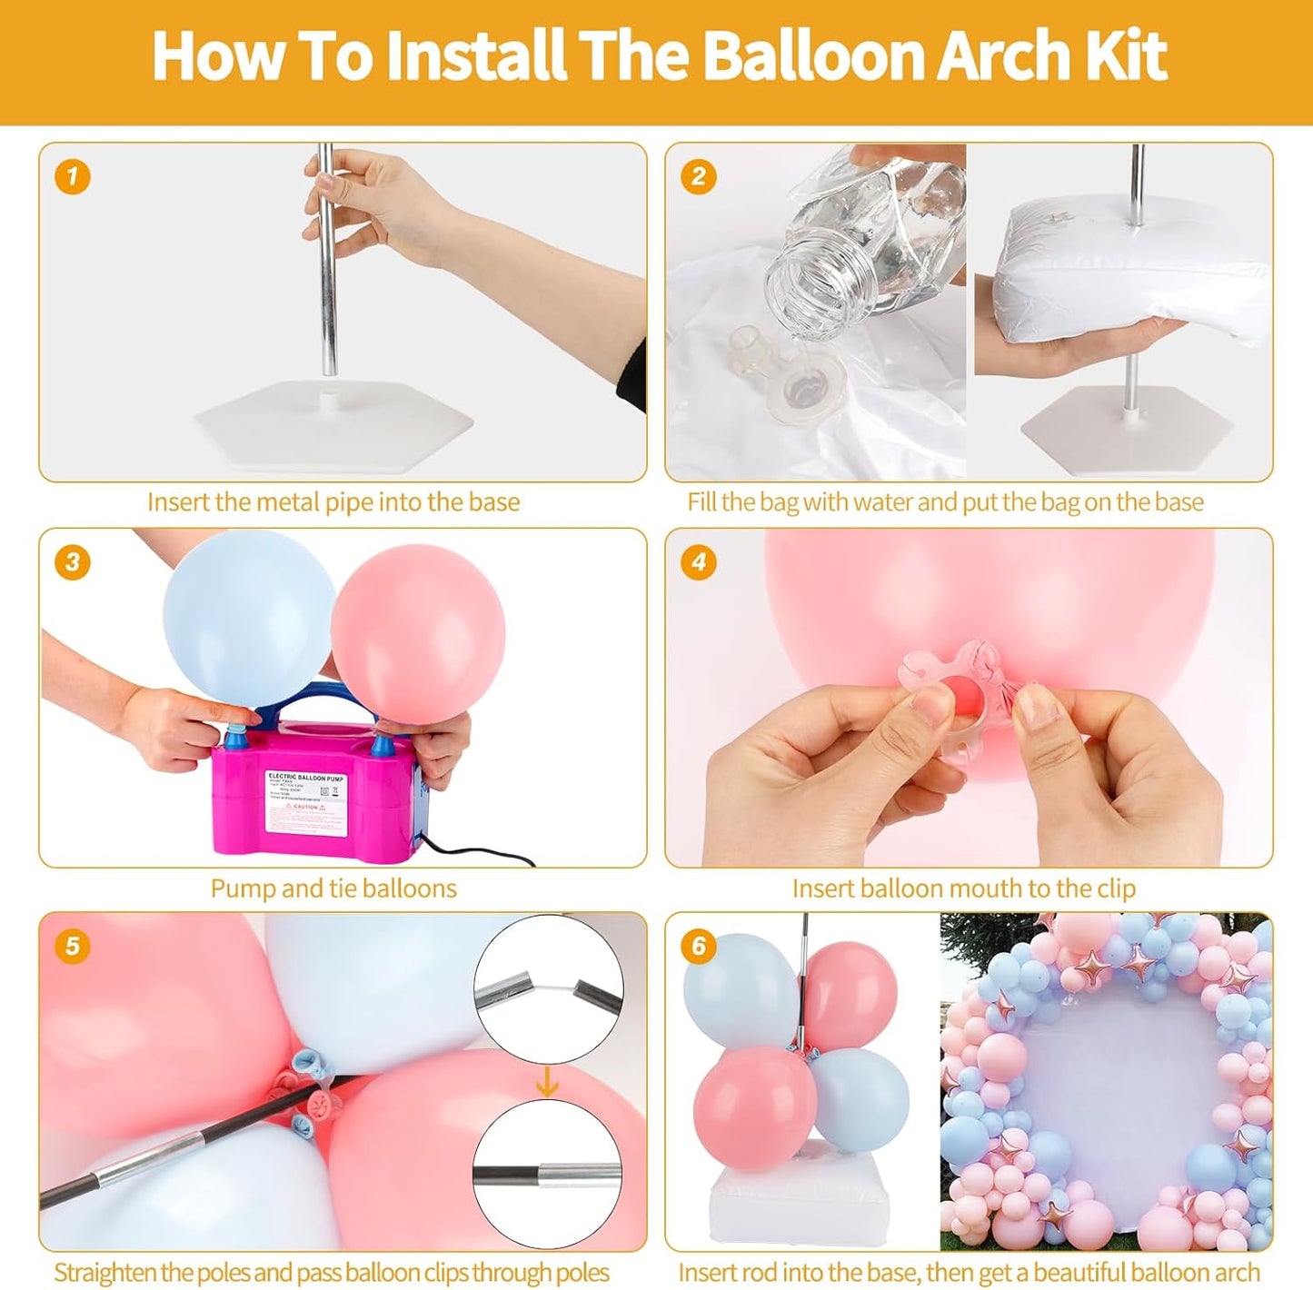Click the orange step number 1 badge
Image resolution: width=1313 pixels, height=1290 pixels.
coord(73,176)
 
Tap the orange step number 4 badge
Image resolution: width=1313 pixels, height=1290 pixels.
coord(698,561)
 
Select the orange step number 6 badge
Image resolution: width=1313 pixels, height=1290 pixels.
coord(698,946)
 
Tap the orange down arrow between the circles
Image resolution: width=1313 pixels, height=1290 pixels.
coord(547,1081)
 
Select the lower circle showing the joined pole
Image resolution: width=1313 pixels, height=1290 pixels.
coord(547,1174)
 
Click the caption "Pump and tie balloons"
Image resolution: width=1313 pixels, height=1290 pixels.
coord(333,888)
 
